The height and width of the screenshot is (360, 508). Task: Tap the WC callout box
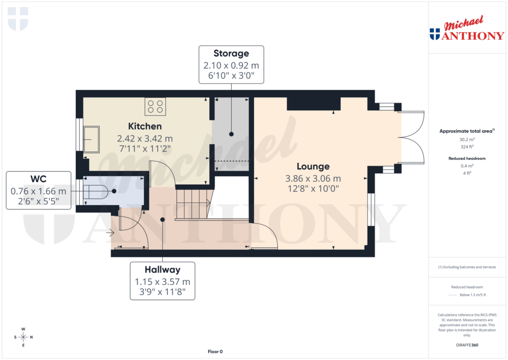[38, 191]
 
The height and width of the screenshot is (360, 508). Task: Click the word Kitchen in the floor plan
[145, 126]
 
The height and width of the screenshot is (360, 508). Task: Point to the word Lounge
[313, 166]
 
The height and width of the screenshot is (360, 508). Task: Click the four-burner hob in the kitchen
[155, 106]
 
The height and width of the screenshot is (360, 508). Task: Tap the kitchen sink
[91, 139]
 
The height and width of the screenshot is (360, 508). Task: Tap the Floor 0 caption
[215, 352]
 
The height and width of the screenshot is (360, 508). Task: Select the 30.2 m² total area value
[466, 140]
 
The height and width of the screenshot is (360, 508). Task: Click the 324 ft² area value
[466, 146]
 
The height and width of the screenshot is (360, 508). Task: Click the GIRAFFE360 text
[466, 345]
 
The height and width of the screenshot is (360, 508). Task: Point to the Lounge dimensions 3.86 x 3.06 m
[313, 178]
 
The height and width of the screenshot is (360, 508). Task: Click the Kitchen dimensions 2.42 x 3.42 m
[145, 139]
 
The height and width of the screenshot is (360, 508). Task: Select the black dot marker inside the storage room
[231, 134]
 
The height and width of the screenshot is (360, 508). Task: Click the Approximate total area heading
[466, 131]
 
